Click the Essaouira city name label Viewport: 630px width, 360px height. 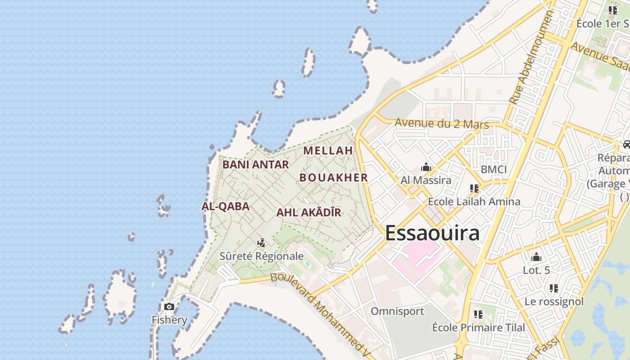pyautogui.click(x=432, y=233)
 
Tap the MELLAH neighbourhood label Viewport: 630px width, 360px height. pyautogui.click(x=328, y=151)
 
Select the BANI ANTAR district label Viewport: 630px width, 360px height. pyautogui.click(x=256, y=165)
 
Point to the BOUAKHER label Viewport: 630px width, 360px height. pyautogui.click(x=334, y=177)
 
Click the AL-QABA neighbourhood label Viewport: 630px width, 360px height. pyautogui.click(x=225, y=207)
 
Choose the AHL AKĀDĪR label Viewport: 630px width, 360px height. pyautogui.click(x=309, y=212)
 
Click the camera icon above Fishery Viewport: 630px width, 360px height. pyautogui.click(x=169, y=307)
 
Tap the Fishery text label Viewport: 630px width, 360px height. pyautogui.click(x=169, y=320)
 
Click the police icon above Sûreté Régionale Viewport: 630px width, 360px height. pyautogui.click(x=261, y=243)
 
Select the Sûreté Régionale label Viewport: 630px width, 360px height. pyautogui.click(x=261, y=256)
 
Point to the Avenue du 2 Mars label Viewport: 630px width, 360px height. pyautogui.click(x=441, y=123)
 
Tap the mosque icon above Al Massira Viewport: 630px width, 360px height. pyautogui.click(x=426, y=168)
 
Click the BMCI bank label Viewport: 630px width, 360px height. pyautogui.click(x=494, y=170)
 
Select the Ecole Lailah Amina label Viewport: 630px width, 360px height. pyautogui.click(x=474, y=202)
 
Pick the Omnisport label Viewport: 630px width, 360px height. pyautogui.click(x=397, y=311)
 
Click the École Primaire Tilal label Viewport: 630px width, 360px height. pyautogui.click(x=478, y=327)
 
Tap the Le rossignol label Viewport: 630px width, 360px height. pyautogui.click(x=554, y=301)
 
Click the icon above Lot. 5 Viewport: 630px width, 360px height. pyautogui.click(x=536, y=257)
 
